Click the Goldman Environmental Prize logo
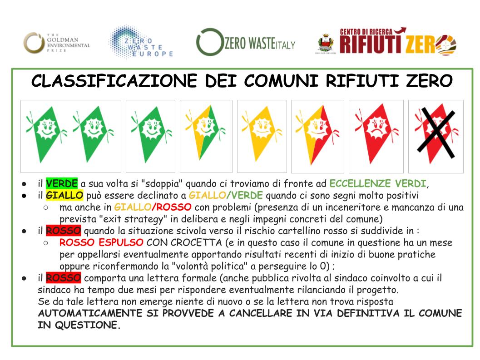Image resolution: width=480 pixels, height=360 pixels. pyautogui.click(x=57, y=43)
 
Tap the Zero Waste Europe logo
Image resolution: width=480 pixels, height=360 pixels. pyautogui.click(x=141, y=42)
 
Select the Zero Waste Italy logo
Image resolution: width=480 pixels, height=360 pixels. pyautogui.click(x=246, y=43)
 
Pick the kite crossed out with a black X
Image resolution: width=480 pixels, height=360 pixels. pyautogui.click(x=435, y=136)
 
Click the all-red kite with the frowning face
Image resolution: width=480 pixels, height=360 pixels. pyautogui.click(x=376, y=136)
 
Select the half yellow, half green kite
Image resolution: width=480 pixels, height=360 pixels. pyautogui.click(x=206, y=136)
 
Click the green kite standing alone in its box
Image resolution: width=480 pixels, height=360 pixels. pyautogui.click(x=150, y=136)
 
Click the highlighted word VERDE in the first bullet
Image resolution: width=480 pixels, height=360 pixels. pyautogui.click(x=62, y=184)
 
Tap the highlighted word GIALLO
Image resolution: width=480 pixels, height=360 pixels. pyautogui.click(x=64, y=196)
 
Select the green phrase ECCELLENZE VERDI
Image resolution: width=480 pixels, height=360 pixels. pyautogui.click(x=377, y=184)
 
